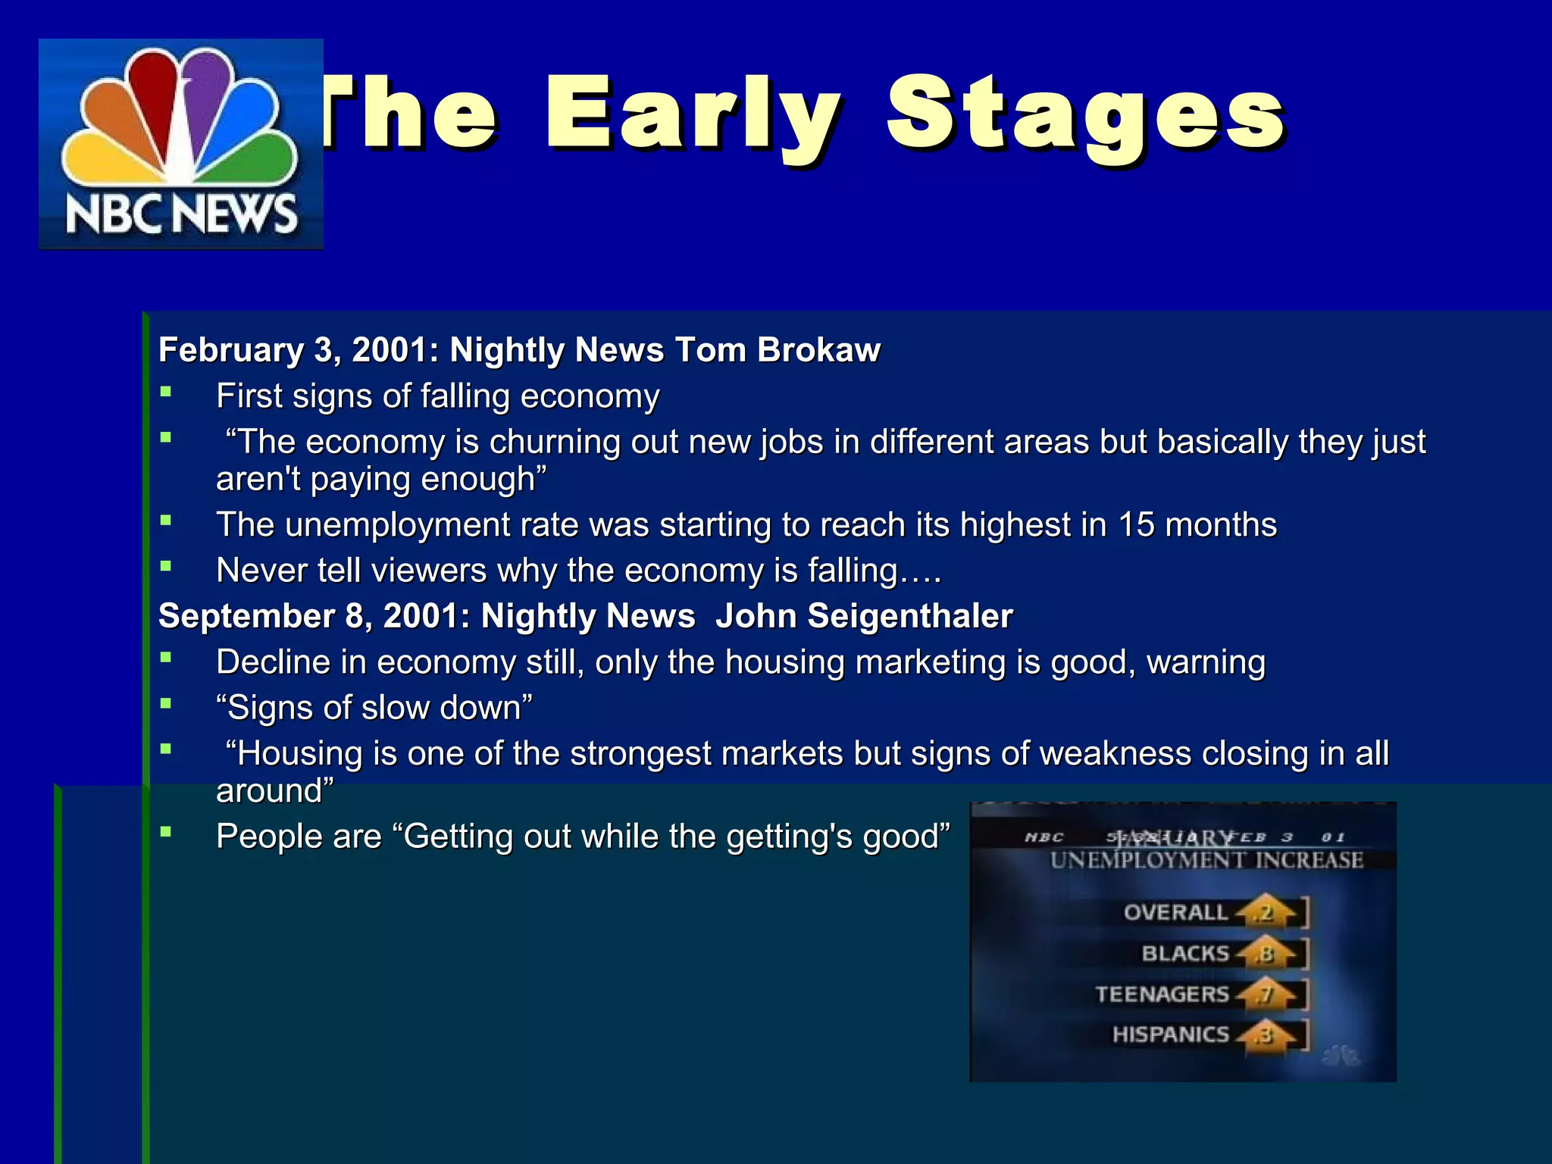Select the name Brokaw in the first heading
click(818, 350)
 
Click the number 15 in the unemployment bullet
click(1136, 524)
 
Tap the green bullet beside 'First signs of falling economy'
click(166, 392)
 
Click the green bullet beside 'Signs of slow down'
click(166, 703)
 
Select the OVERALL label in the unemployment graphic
click(1175, 912)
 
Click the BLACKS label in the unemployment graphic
click(1185, 953)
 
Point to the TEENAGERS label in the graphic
click(1162, 993)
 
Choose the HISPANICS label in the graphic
click(1170, 1034)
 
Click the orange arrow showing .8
click(1265, 954)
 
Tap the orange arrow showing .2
click(1265, 912)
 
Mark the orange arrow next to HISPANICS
click(1265, 1035)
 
